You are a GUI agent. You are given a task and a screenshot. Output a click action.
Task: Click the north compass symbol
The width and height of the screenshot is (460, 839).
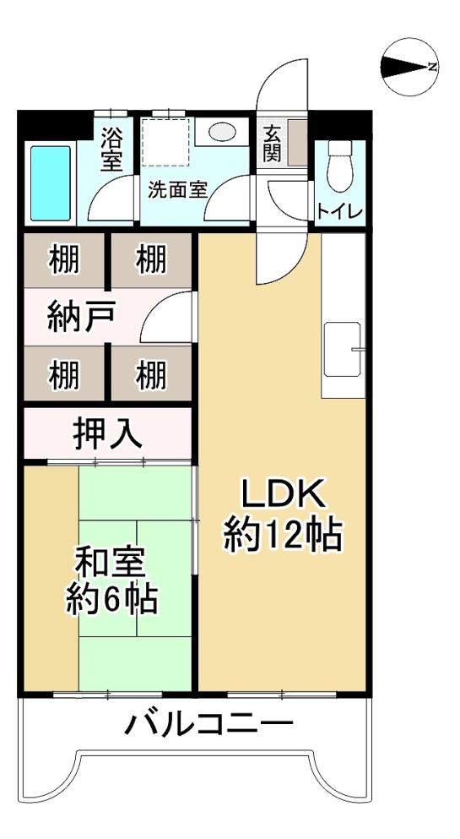click(x=409, y=67)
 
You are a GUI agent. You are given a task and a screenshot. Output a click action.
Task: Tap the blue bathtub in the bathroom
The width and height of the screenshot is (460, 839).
click(x=51, y=183)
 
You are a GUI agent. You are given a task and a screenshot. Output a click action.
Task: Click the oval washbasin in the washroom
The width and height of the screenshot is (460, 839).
click(x=223, y=132)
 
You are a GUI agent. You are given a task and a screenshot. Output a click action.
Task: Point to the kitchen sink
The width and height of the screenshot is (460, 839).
click(x=342, y=348)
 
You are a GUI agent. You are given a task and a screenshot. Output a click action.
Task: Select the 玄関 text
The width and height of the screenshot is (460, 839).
click(x=272, y=144)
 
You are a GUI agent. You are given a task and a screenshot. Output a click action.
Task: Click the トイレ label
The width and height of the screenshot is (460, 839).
click(x=340, y=211)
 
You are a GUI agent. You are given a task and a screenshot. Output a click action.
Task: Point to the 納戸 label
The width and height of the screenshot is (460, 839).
click(x=81, y=318)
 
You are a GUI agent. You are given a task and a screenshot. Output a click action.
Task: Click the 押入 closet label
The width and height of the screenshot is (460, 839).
click(x=107, y=434)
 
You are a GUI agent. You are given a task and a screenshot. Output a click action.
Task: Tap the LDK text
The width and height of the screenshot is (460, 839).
click(x=283, y=496)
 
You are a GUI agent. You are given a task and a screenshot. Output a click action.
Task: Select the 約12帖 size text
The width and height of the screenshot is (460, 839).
click(x=283, y=536)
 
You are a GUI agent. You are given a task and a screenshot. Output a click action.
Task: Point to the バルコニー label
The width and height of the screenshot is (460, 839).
click(x=209, y=724)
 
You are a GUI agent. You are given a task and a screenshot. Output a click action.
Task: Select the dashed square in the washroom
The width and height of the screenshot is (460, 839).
click(x=166, y=142)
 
